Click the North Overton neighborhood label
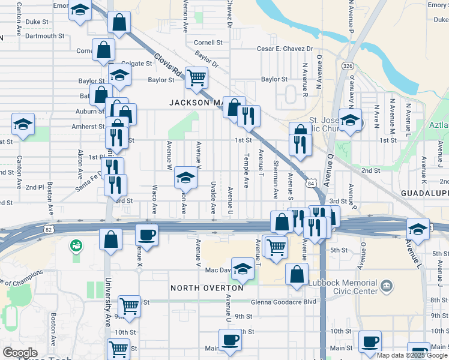(207, 288)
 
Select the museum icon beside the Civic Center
(386, 284)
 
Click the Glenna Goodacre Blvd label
(283, 302)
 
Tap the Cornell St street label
(208, 43)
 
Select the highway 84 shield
(310, 182)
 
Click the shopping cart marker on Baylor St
(196, 77)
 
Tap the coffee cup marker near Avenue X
(146, 234)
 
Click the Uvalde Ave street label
(214, 197)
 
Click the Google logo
(20, 353)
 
